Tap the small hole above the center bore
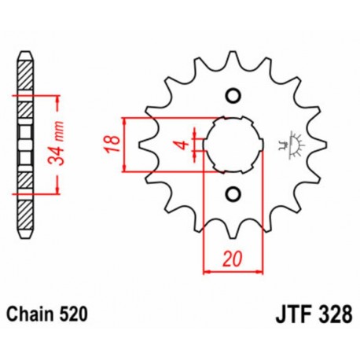[232, 96]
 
